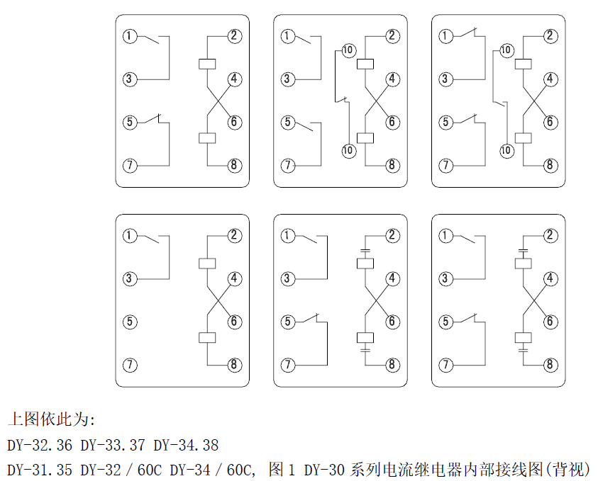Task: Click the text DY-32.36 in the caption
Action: (x=40, y=446)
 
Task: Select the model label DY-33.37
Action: (x=113, y=446)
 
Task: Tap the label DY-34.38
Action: (x=186, y=446)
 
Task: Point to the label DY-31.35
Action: (x=40, y=469)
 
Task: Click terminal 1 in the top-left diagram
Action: (x=129, y=35)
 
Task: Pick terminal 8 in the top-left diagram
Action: (x=235, y=166)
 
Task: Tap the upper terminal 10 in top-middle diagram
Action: (x=348, y=50)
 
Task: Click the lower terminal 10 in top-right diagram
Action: (x=506, y=150)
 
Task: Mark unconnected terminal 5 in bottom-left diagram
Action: (x=129, y=322)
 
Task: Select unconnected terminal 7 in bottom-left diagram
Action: (x=129, y=366)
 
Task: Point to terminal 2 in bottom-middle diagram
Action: (x=392, y=236)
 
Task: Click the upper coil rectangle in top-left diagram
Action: (x=207, y=64)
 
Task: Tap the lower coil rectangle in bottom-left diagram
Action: (x=207, y=338)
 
